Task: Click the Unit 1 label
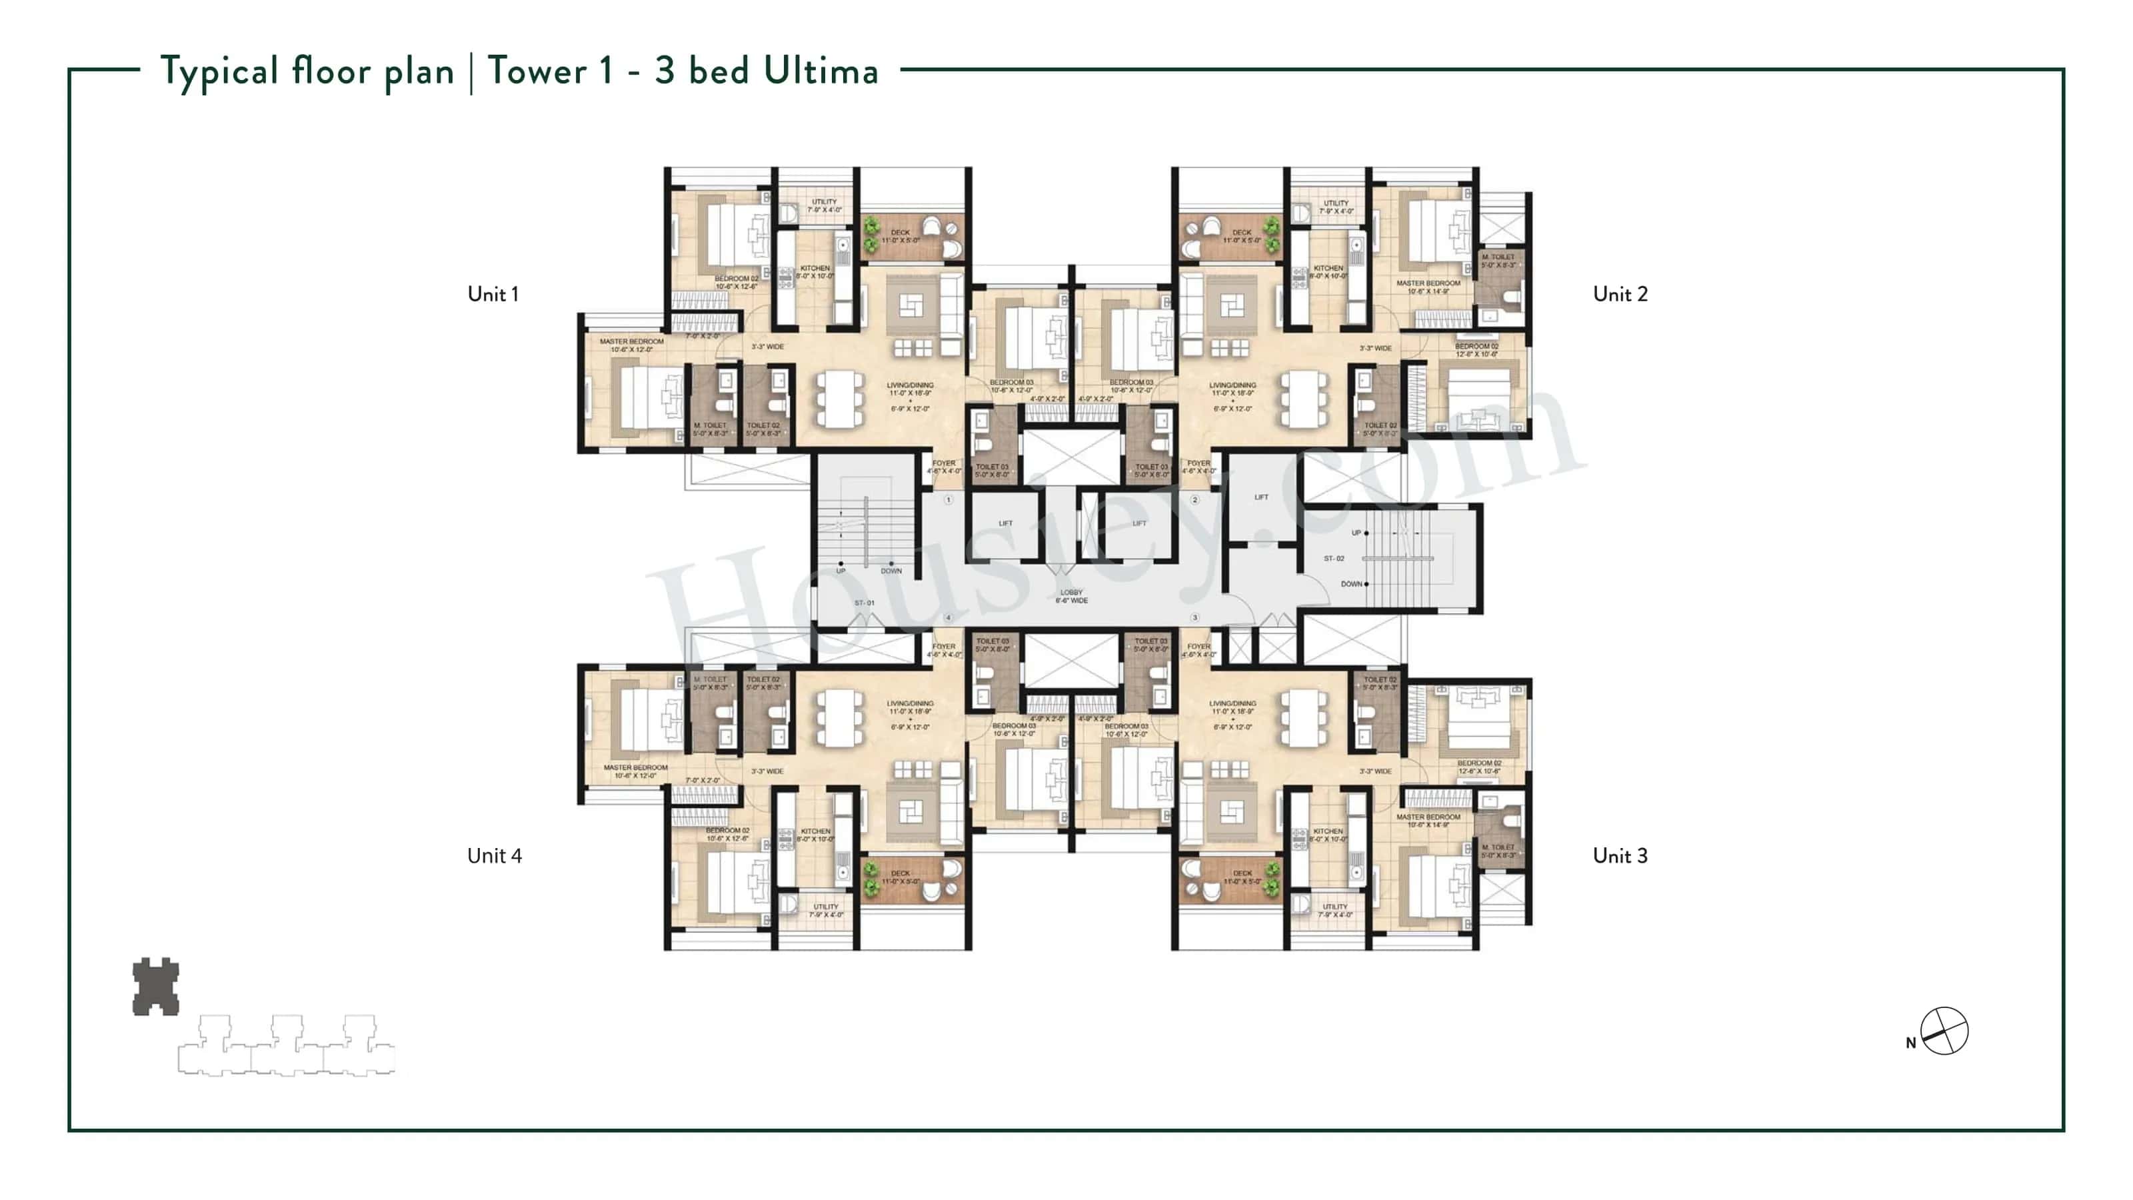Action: [493, 294]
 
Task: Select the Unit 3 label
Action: [1620, 855]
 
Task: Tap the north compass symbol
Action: [1944, 1031]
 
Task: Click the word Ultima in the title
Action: [821, 71]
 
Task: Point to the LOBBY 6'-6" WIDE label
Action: [1070, 596]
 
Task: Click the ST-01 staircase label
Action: [865, 603]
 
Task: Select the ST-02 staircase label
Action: [1334, 558]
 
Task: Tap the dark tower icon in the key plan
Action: [156, 987]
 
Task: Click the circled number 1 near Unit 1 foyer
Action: [948, 499]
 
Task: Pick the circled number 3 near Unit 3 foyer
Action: [1195, 618]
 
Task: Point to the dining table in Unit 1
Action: [840, 399]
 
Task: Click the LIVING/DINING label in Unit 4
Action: [910, 703]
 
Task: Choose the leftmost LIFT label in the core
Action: [1005, 523]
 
